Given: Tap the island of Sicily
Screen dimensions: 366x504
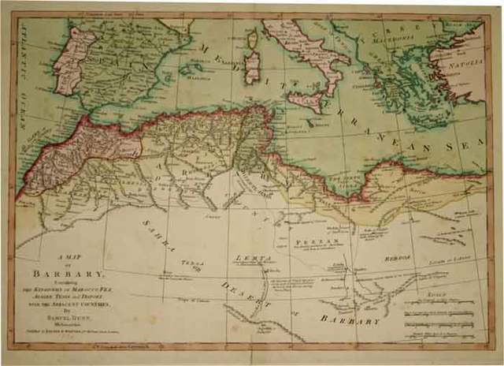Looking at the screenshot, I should click(305, 100).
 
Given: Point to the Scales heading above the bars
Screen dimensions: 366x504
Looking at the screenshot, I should click(435, 293).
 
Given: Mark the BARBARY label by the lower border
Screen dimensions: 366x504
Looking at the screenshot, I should click(351, 320).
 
